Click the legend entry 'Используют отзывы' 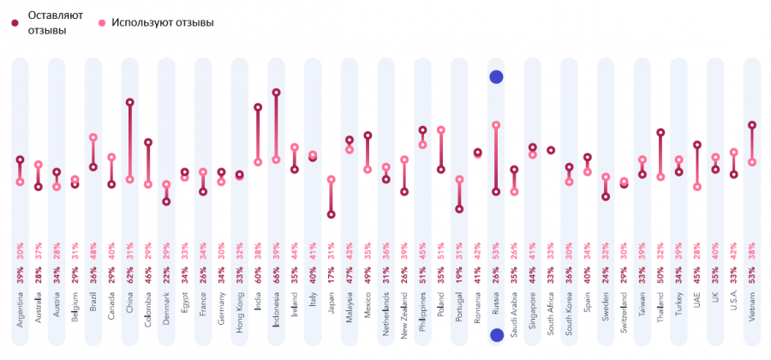[162, 22]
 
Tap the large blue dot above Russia [495, 77]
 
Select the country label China [129, 306]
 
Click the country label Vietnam [752, 304]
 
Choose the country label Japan [331, 306]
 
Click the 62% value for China [129, 275]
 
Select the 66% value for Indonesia [276, 275]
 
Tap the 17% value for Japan [331, 275]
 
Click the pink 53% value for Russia [495, 249]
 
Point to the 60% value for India [258, 275]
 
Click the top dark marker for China [129, 102]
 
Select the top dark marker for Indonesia [276, 92]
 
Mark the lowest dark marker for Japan [331, 215]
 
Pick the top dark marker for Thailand [660, 133]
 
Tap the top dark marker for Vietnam [752, 125]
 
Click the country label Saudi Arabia [514, 314]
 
